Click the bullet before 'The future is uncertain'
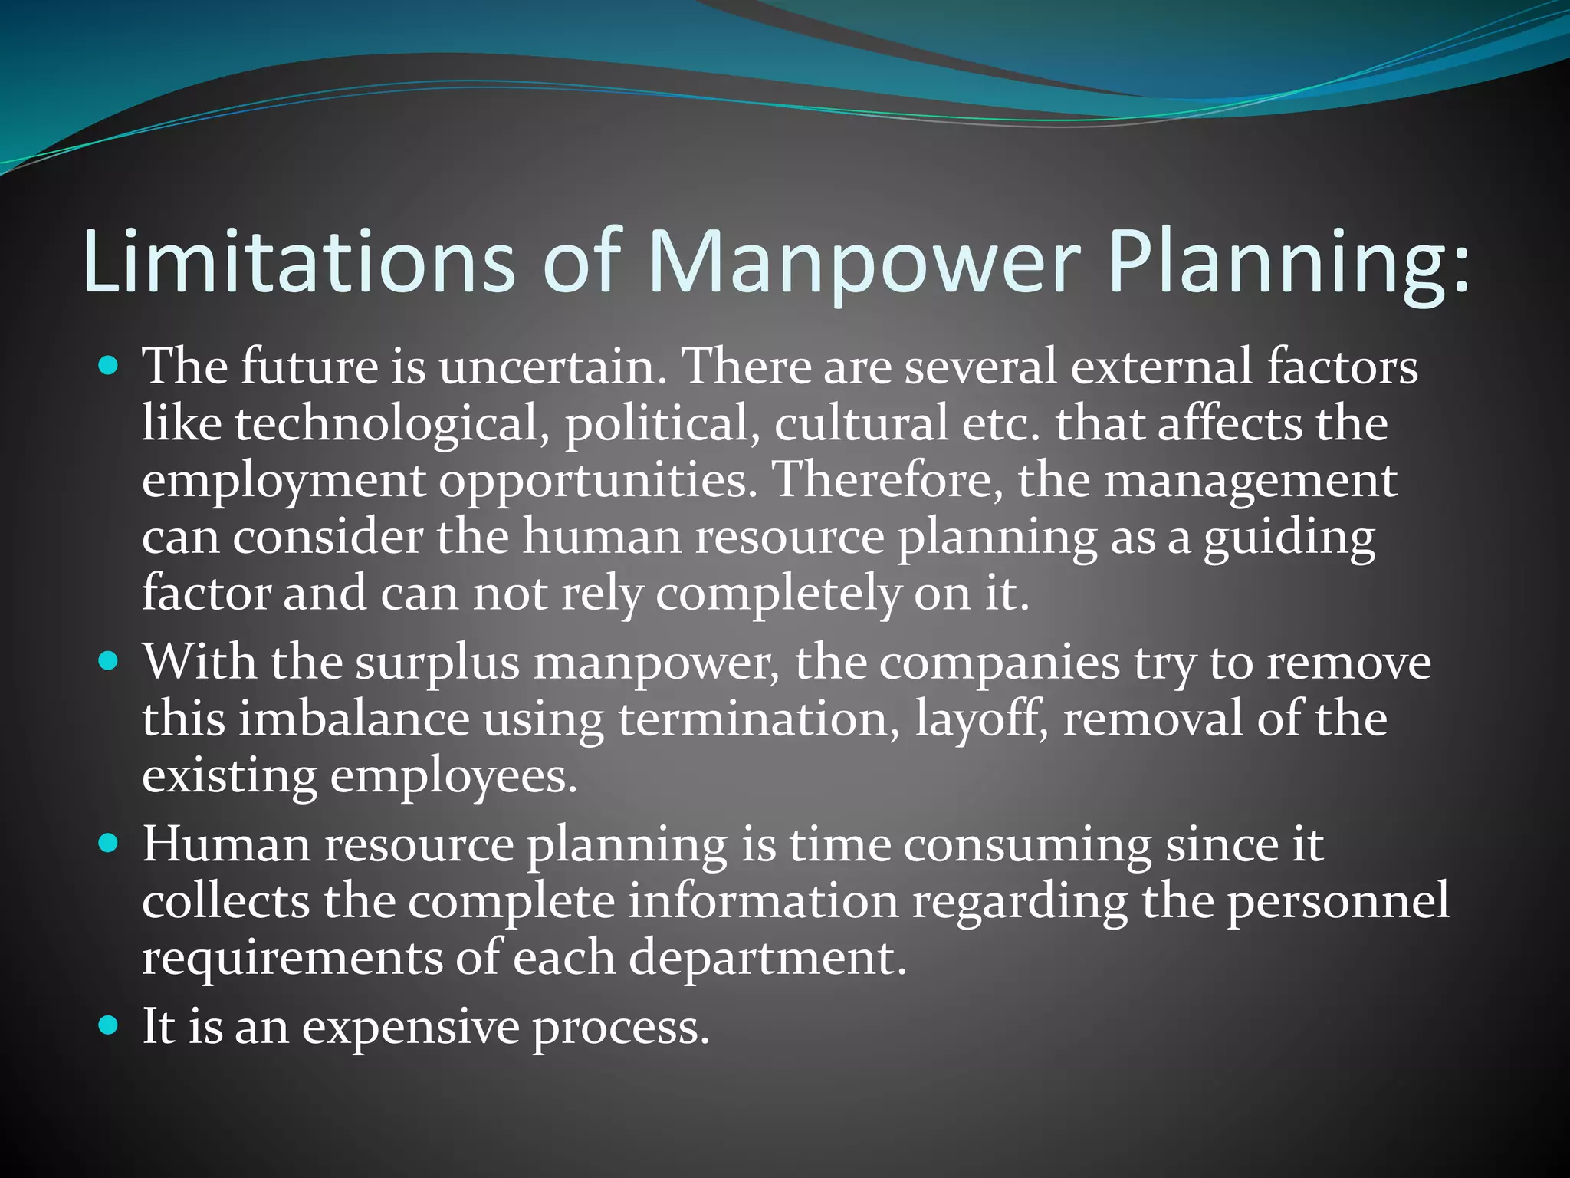coord(110,366)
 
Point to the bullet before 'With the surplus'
coord(110,661)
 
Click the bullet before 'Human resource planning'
coord(110,844)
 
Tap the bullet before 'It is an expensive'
coord(110,1025)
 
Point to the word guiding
coord(1289,538)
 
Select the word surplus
coord(438,663)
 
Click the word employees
coord(453,778)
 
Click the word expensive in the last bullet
coord(410,1028)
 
